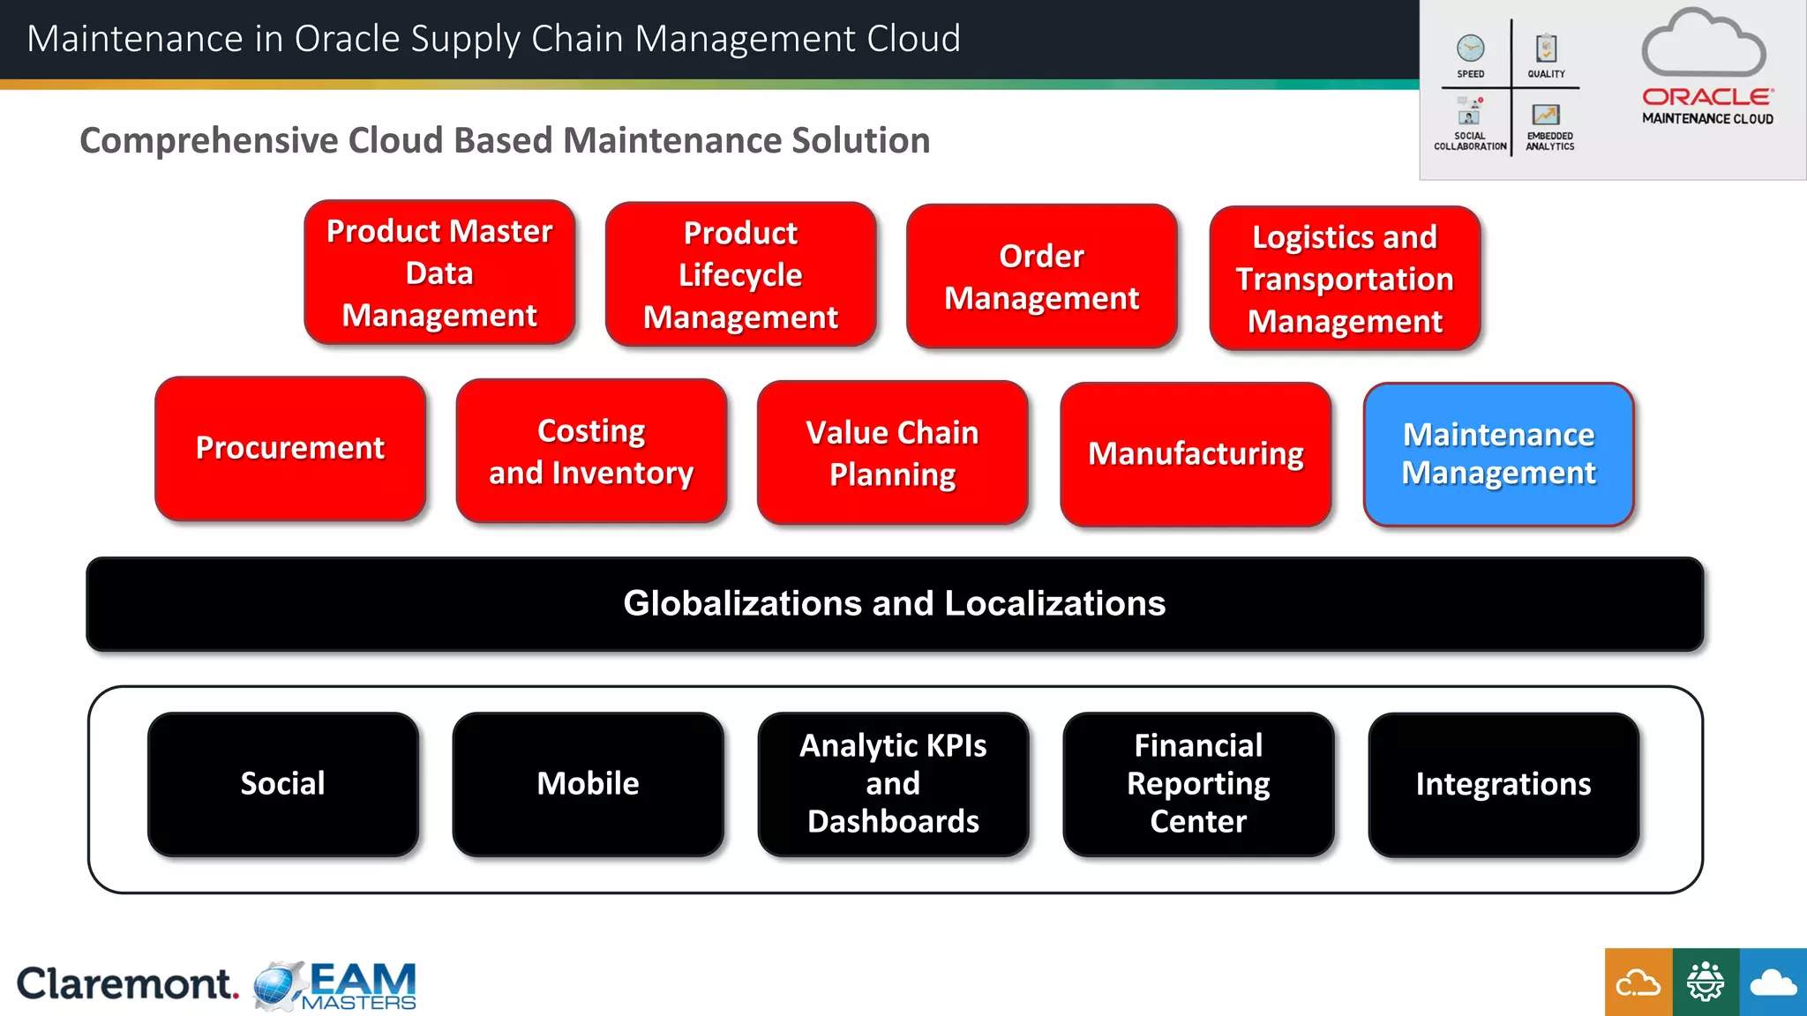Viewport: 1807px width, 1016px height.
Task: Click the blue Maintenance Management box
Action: click(x=1498, y=454)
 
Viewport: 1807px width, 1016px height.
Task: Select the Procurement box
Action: click(x=290, y=448)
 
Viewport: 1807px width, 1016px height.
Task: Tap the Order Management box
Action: click(x=1041, y=276)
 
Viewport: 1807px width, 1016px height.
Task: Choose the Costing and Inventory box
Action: click(x=591, y=451)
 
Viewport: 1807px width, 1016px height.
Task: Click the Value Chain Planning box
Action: click(x=892, y=452)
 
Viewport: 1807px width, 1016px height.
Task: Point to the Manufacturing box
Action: click(x=1196, y=454)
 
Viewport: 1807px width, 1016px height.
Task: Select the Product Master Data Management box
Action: click(x=439, y=273)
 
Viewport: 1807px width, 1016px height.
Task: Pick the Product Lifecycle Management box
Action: click(x=740, y=274)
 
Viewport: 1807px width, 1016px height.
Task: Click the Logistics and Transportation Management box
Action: click(x=1344, y=279)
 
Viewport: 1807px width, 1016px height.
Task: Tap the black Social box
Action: click(x=282, y=783)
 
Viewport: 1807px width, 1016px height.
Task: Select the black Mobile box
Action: click(x=588, y=783)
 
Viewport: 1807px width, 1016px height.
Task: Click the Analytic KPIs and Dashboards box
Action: click(x=893, y=783)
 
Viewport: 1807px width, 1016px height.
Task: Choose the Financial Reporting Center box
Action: click(x=1198, y=783)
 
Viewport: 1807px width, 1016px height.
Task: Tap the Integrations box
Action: click(x=1503, y=784)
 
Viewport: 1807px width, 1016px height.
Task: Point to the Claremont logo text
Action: click(x=126, y=983)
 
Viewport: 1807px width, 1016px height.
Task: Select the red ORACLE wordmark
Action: click(x=1706, y=97)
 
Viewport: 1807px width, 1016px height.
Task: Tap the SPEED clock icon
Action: click(x=1470, y=48)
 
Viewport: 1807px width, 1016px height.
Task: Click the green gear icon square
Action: click(x=1705, y=982)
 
